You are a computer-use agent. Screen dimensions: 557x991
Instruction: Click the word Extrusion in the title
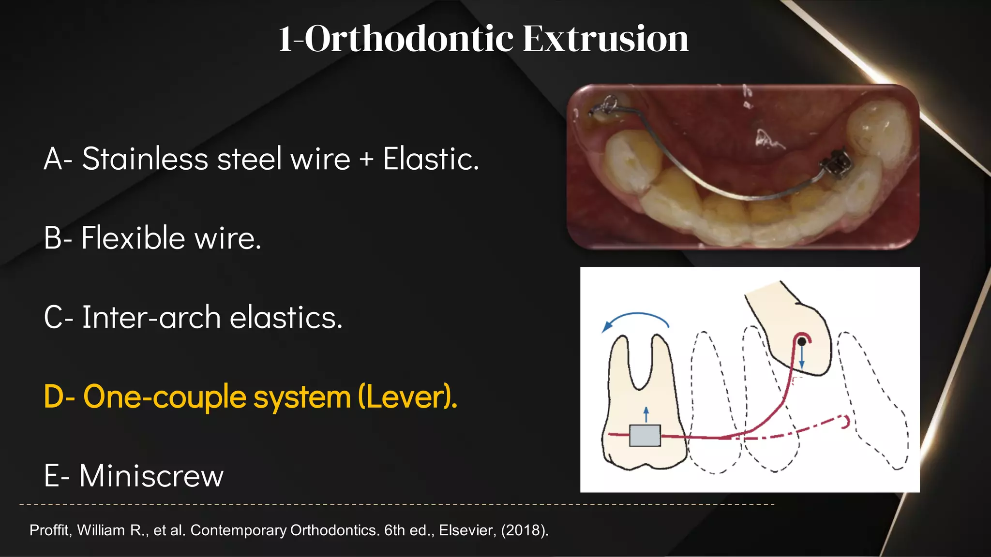click(605, 39)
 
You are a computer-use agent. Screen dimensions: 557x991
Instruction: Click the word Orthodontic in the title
click(409, 39)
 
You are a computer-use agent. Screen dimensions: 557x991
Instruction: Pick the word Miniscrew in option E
click(151, 476)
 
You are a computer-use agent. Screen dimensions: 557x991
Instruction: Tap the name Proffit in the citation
click(50, 530)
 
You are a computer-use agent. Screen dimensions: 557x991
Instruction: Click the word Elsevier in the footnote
click(467, 530)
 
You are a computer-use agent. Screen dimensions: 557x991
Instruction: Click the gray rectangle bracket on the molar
click(645, 435)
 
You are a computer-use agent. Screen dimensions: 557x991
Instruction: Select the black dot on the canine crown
click(802, 341)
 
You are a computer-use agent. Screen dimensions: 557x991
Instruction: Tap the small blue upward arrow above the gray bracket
click(646, 414)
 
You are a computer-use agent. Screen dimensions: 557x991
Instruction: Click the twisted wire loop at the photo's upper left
click(605, 106)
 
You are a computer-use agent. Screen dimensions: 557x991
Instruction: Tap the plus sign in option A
click(366, 160)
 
